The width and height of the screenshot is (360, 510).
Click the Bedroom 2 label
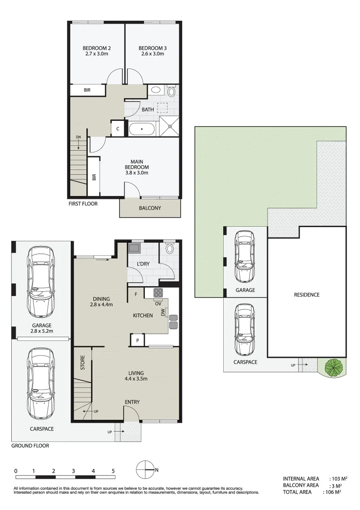(97, 48)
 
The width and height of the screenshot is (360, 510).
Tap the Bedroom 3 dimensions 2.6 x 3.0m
(152, 54)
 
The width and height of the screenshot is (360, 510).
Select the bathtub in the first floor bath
(142, 129)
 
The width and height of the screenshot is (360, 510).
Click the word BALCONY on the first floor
(150, 208)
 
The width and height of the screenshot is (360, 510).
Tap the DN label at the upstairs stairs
(78, 137)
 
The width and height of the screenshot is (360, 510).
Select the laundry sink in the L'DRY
(135, 247)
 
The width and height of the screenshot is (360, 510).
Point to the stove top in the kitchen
(158, 293)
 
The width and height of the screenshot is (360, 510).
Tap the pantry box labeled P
(137, 340)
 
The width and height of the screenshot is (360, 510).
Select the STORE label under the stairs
(82, 362)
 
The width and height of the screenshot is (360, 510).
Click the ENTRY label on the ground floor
(132, 402)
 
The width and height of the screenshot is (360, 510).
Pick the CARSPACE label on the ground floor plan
(40, 429)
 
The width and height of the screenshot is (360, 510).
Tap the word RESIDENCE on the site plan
(307, 295)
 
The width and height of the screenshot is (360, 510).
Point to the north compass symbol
(146, 470)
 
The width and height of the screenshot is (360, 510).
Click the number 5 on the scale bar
(113, 471)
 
